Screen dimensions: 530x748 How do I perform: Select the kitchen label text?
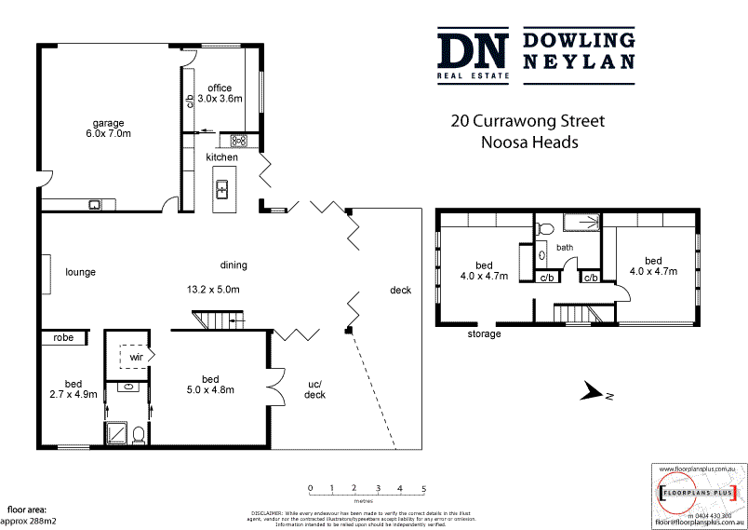[222, 157]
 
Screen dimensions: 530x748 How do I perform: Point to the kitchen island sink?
[222, 190]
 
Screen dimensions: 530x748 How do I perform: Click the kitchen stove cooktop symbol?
[235, 141]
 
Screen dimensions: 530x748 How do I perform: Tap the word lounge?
[81, 272]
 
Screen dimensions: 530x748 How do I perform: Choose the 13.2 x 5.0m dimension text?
[213, 290]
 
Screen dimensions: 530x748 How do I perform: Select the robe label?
[63, 338]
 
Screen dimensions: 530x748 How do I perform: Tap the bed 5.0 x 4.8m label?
[210, 384]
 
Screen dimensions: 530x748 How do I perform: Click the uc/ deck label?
[315, 388]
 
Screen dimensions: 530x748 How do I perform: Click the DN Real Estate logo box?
[474, 57]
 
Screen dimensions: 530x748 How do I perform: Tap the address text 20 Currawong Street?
[528, 121]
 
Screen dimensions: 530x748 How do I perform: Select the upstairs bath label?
[565, 248]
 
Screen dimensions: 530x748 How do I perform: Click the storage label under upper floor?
[483, 333]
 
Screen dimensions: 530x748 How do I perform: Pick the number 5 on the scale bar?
[424, 488]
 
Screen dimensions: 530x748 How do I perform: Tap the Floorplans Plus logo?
[697, 492]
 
